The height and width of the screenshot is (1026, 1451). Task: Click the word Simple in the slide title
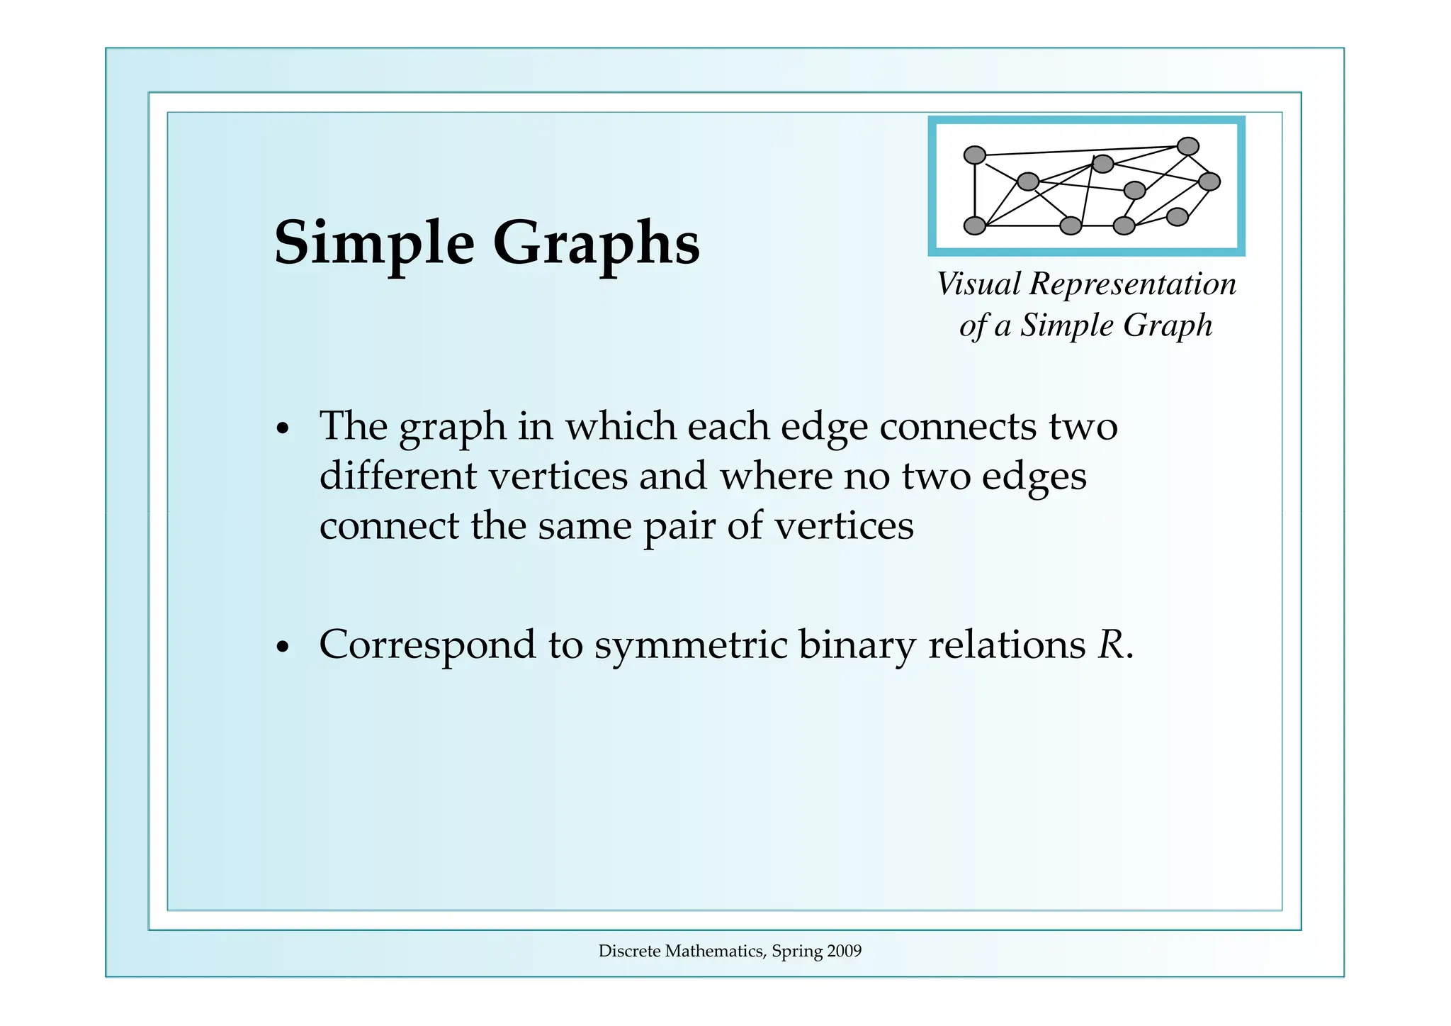(x=374, y=242)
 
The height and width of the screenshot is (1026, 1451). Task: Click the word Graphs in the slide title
(x=596, y=242)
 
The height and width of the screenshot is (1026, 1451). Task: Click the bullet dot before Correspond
(x=283, y=647)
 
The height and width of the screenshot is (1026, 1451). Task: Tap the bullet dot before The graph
(x=283, y=429)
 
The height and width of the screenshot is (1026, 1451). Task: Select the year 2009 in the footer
(x=844, y=951)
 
